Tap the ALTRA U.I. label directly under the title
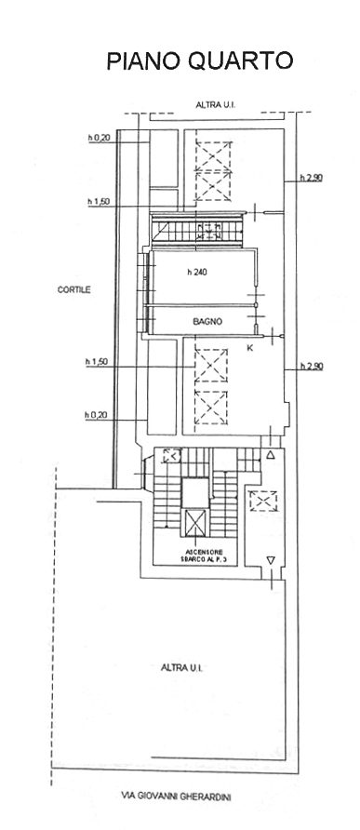coord(216,105)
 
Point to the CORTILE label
coord(74,289)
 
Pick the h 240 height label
coord(197,273)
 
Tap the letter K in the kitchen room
coord(250,348)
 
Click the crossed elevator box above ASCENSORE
coord(195,523)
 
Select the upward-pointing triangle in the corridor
coord(271,455)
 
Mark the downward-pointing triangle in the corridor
coord(271,559)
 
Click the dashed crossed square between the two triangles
coord(263,502)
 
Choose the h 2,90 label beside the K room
coord(312,366)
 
